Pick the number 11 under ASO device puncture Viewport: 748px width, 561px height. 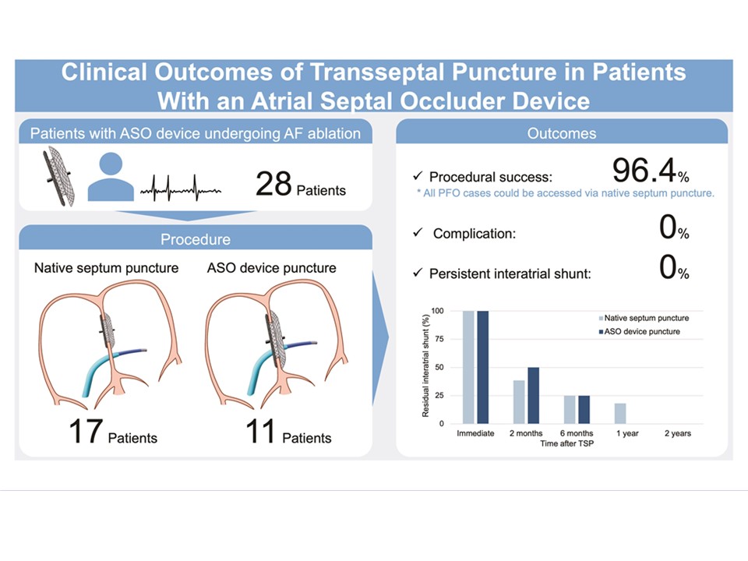pos(261,430)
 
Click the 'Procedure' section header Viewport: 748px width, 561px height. pos(195,239)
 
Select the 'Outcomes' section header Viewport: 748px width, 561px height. pos(562,133)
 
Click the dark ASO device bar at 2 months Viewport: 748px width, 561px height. pos(534,395)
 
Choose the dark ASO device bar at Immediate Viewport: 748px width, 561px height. pos(483,367)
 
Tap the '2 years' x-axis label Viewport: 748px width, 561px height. pos(676,433)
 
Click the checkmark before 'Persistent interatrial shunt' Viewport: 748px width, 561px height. pos(418,273)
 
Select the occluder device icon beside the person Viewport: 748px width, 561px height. pos(58,176)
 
